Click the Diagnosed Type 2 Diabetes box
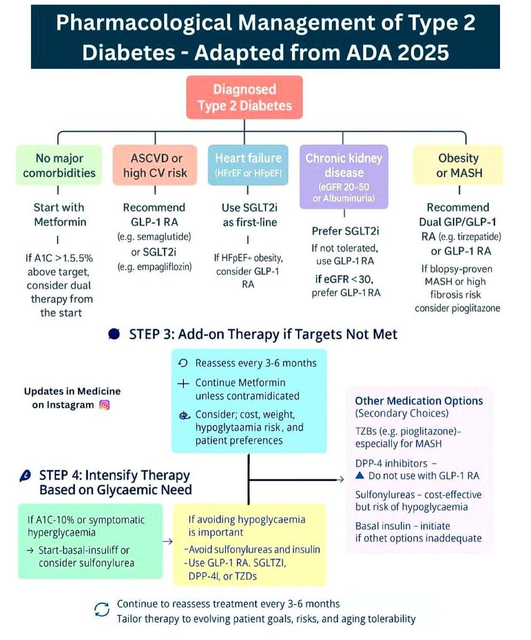pos(245,97)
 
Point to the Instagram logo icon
pos(104,405)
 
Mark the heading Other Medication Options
pos(419,401)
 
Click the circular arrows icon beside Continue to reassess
pos(101,610)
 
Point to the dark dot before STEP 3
pos(113,335)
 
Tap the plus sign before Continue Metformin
pos(183,383)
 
